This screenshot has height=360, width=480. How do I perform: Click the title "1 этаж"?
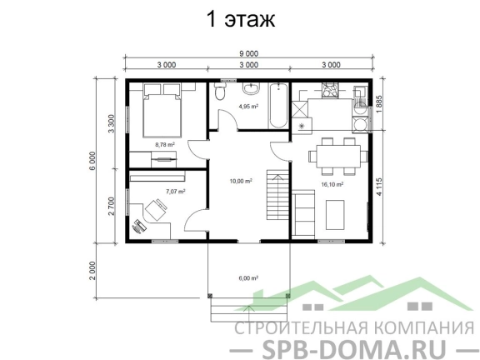point(241,19)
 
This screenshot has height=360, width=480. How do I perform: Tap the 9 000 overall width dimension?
point(248,54)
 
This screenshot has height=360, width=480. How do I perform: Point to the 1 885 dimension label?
point(380,105)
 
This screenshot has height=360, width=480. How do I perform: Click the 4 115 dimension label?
point(380,187)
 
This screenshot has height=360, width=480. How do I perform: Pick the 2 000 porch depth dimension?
point(93,270)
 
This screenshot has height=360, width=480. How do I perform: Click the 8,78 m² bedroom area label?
point(165,144)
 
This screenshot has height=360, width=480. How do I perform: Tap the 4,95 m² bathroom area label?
point(248,107)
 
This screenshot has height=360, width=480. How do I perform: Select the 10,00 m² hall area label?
point(241,181)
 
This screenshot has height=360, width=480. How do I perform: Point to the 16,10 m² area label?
point(332,184)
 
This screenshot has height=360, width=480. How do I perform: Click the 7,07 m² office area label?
point(176,192)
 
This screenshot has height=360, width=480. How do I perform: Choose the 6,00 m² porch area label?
point(248,278)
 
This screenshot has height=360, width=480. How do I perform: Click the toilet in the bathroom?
point(220,91)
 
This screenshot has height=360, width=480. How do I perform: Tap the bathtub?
point(278,106)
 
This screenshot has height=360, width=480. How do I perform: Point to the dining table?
point(338,156)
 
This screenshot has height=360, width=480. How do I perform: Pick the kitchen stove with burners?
point(330,91)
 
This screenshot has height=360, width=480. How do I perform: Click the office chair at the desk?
point(156,210)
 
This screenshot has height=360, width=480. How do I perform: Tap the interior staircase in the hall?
point(278,195)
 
